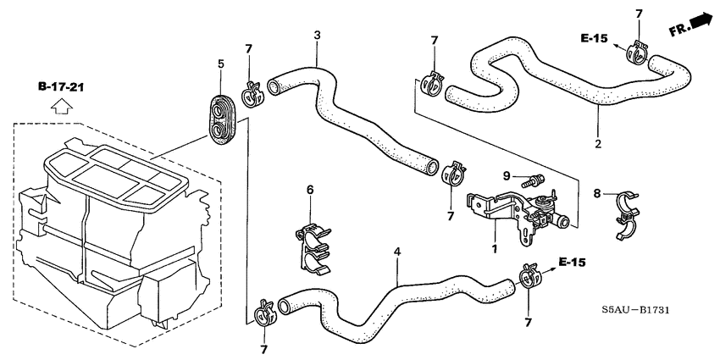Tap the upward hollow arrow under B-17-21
coord(58,107)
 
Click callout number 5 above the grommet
coord(220,64)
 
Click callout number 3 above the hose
coord(317,35)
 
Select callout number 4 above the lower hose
coord(396,252)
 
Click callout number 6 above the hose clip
coord(310,190)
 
